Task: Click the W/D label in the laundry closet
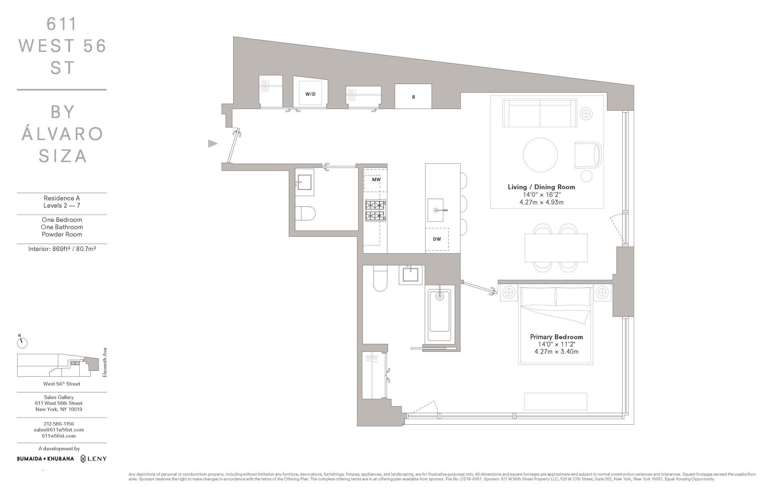pyautogui.click(x=310, y=94)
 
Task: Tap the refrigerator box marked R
pyautogui.click(x=413, y=97)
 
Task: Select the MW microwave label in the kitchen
pyautogui.click(x=376, y=180)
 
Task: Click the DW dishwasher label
pyautogui.click(x=437, y=239)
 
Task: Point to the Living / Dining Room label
pyautogui.click(x=541, y=187)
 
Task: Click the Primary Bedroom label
pyautogui.click(x=556, y=337)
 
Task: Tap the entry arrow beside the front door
pyautogui.click(x=213, y=143)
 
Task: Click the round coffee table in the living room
pyautogui.click(x=540, y=155)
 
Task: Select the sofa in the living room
pyautogui.click(x=539, y=113)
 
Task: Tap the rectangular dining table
pyautogui.click(x=556, y=248)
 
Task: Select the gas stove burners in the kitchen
pyautogui.click(x=375, y=211)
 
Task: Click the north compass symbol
pyautogui.click(x=22, y=343)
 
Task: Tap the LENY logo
pyautogui.click(x=93, y=459)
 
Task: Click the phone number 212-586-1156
pyautogui.click(x=59, y=424)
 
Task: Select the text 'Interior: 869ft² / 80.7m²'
pyautogui.click(x=62, y=249)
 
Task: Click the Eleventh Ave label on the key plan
pyautogui.click(x=105, y=362)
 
